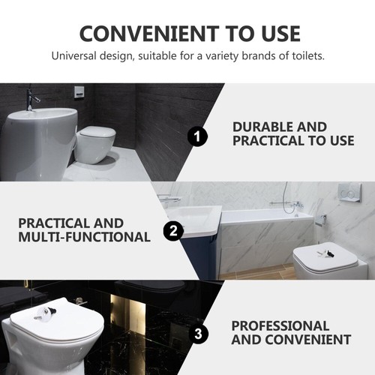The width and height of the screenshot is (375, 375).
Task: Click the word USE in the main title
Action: coord(276,34)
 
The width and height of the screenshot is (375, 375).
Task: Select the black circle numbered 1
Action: coord(196,137)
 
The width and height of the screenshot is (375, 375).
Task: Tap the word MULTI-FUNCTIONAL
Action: coord(84,237)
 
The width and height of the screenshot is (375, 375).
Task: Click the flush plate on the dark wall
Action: coord(79,92)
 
